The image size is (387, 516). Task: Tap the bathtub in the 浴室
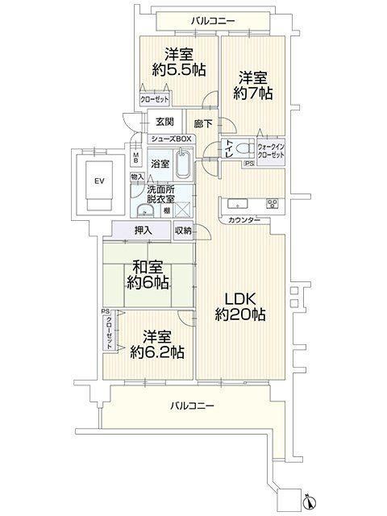tap(183, 164)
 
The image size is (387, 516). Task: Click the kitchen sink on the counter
tap(238, 204)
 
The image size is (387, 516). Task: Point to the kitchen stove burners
tap(273, 204)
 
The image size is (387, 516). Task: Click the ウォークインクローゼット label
tap(271, 151)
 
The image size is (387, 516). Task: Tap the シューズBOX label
tap(171, 139)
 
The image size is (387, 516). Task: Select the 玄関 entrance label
tap(164, 122)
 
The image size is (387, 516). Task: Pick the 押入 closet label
tap(144, 231)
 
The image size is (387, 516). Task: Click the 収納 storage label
tap(183, 231)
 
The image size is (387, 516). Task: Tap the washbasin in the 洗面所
tap(145, 210)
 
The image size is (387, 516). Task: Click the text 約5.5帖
tap(179, 70)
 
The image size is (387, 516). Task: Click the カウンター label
tap(243, 220)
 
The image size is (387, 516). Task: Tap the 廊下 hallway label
tap(203, 123)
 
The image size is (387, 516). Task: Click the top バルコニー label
tap(213, 22)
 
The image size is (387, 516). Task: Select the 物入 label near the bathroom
tap(137, 177)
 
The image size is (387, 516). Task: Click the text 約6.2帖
tap(157, 353)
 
